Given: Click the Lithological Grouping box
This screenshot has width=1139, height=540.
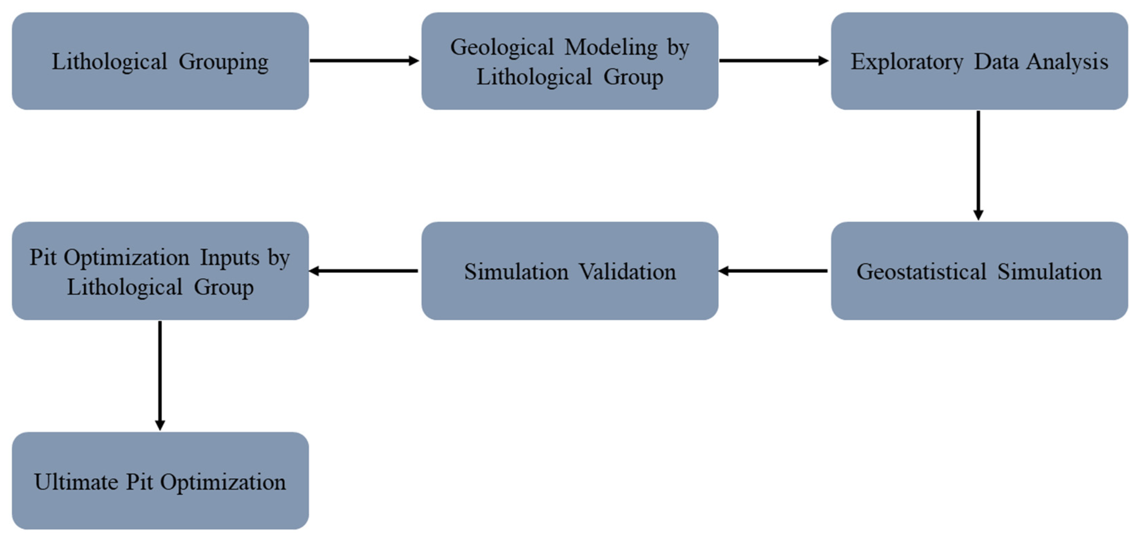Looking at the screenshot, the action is pyautogui.click(x=160, y=61).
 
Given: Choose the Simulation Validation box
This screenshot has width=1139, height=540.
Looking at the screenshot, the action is pyautogui.click(x=570, y=271).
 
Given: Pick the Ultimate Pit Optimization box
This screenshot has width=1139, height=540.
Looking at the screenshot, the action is pyautogui.click(x=160, y=481).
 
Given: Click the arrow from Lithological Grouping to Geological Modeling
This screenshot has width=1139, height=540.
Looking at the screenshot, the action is pyautogui.click(x=364, y=60).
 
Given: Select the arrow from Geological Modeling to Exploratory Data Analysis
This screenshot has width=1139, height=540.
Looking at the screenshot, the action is pyautogui.click(x=774, y=60).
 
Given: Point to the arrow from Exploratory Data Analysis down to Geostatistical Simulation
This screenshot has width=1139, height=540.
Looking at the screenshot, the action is pyautogui.click(x=978, y=165).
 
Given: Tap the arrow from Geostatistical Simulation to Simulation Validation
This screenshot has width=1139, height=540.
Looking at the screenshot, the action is pyautogui.click(x=773, y=271).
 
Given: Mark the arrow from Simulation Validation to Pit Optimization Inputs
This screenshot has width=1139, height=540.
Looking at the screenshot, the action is pyautogui.click(x=363, y=271).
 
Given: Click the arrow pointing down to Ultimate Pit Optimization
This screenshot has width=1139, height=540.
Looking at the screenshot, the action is pyautogui.click(x=160, y=375).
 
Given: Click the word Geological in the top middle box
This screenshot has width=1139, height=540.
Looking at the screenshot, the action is pyautogui.click(x=502, y=48).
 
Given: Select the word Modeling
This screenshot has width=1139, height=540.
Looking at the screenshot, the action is pyautogui.click(x=611, y=48).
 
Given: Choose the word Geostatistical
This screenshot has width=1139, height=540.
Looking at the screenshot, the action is pyautogui.click(x=921, y=272).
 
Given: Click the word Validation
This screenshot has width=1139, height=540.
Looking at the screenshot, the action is pyautogui.click(x=627, y=272).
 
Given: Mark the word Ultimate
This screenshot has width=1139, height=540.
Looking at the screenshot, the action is pyautogui.click(x=76, y=482).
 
